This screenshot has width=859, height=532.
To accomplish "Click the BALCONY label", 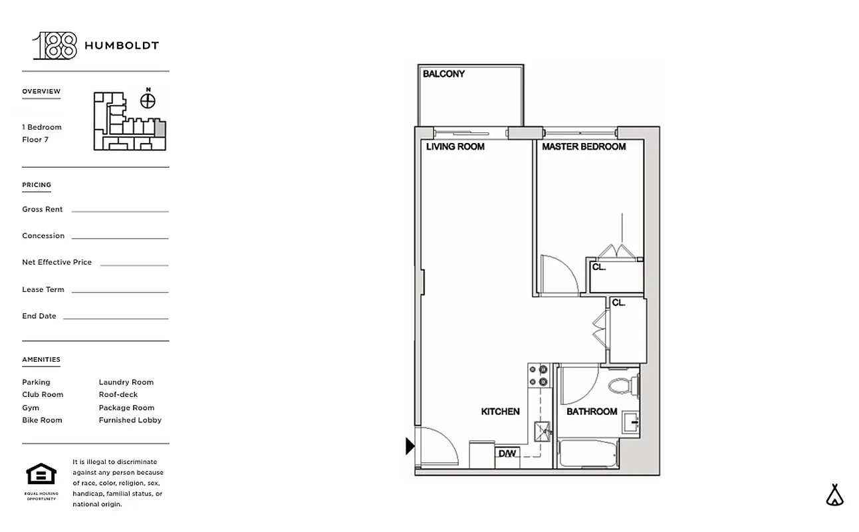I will coord(444,74).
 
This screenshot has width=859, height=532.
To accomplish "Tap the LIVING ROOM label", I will coord(455,146).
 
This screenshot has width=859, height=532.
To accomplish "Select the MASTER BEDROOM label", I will coord(584,146).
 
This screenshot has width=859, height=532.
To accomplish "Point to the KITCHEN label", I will coord(501,412).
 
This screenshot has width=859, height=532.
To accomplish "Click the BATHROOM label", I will coord(592,412).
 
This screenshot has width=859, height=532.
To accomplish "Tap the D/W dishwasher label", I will coord(507,454).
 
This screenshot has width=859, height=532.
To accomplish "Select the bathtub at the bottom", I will coord(588,453).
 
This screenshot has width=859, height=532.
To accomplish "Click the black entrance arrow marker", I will coord(410,446).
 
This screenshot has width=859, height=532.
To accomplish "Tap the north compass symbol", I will coord(148,100).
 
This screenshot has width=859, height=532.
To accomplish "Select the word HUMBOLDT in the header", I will coord(121,46).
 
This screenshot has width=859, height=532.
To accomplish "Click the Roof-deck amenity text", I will coord(118,394).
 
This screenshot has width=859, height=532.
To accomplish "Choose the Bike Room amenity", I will coord(42,420).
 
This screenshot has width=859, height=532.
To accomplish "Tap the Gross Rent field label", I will coord(43,209).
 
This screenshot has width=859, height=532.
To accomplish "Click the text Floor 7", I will coord(35,140).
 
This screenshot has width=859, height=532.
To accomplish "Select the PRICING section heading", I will coord(37,185).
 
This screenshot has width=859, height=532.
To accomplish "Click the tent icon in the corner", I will coord(835,495).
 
